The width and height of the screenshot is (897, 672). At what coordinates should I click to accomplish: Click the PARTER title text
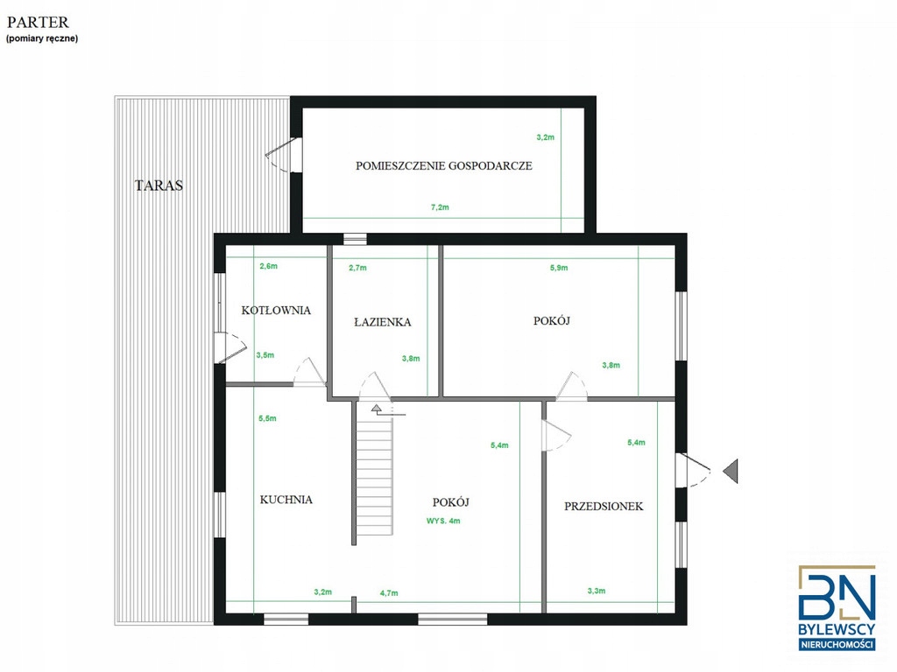(38, 22)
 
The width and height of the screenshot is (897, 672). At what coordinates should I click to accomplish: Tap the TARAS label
(159, 185)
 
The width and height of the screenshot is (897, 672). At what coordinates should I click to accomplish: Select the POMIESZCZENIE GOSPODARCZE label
(444, 165)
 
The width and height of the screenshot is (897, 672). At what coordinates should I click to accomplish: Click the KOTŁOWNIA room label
(276, 311)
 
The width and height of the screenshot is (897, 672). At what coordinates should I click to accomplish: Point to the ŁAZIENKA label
(383, 322)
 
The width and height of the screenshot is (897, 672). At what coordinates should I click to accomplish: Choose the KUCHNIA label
(286, 500)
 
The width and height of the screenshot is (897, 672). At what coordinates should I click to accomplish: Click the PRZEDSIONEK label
(604, 506)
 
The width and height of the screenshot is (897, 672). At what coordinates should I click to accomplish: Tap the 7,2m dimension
(440, 207)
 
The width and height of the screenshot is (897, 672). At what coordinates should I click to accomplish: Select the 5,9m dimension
(559, 268)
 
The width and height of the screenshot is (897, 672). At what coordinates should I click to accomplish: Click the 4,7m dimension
(389, 593)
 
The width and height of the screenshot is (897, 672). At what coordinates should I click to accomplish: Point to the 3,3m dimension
(596, 591)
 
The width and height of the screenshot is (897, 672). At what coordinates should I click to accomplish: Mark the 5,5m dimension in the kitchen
(267, 418)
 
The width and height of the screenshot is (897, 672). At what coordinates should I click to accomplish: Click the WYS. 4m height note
(443, 521)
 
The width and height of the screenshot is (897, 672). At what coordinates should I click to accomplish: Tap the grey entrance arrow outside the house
(731, 472)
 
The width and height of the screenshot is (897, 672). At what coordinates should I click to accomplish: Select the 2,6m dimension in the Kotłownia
(268, 266)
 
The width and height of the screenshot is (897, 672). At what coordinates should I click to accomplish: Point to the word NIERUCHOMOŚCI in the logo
(837, 645)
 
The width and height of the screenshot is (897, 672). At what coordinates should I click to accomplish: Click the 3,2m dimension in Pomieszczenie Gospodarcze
(545, 137)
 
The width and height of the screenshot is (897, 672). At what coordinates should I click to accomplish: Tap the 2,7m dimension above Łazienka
(357, 268)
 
